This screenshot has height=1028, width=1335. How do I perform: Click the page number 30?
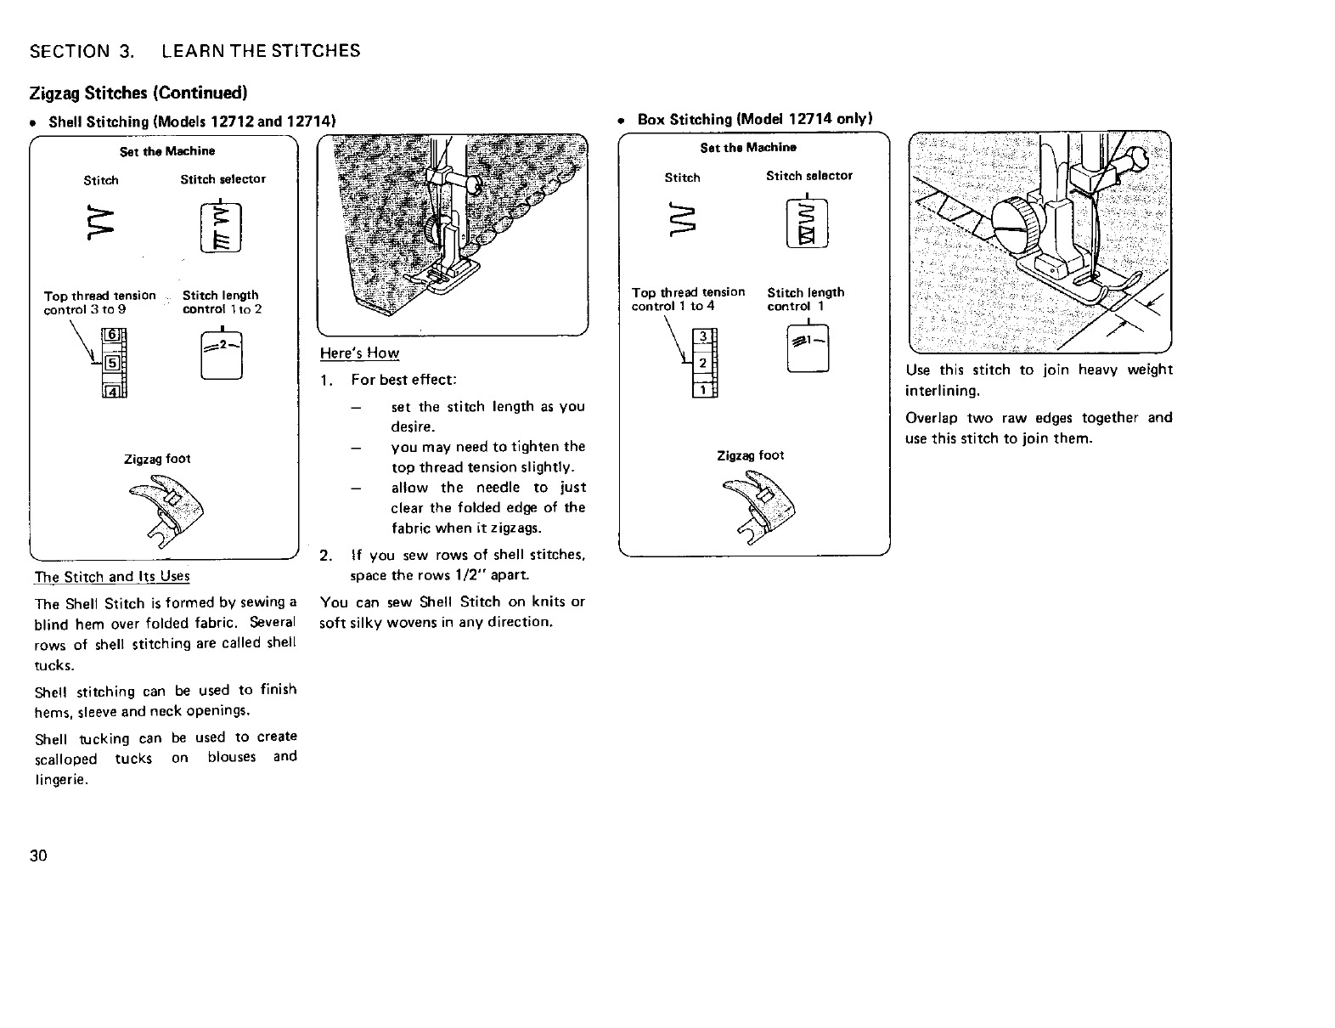[37, 855]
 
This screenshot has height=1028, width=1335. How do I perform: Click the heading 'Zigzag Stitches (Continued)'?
[138, 92]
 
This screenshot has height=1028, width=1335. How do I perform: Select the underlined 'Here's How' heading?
[359, 353]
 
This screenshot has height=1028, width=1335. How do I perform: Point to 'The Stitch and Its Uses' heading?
[112, 577]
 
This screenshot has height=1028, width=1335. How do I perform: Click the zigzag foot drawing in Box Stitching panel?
[761, 506]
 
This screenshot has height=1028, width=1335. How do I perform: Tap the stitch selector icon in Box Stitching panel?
[808, 225]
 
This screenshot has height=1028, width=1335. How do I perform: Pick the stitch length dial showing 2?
[222, 356]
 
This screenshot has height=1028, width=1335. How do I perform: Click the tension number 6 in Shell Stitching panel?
[110, 336]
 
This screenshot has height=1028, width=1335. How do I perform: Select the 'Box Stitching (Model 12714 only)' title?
[755, 120]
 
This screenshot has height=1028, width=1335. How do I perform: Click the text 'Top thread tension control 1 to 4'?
[688, 299]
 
